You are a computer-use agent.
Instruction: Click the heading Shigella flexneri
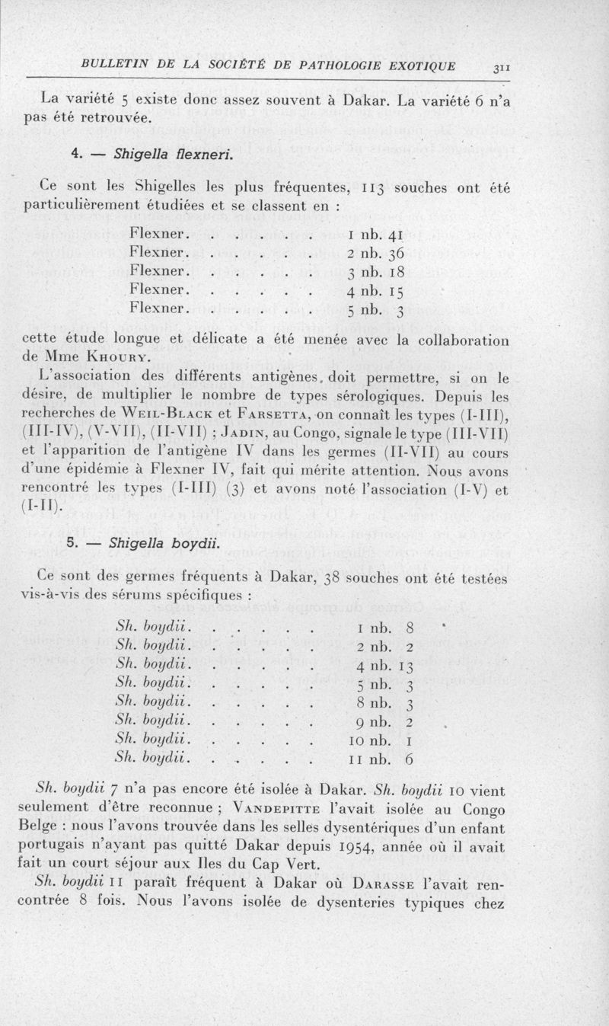coord(153,155)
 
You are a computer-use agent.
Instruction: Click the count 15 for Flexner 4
coord(397,290)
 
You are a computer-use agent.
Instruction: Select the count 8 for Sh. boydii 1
coord(410,629)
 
